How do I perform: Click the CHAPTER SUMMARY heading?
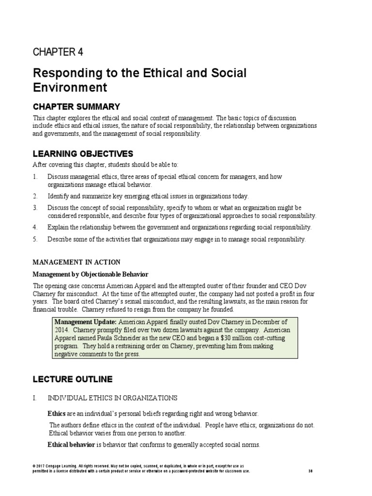click(76, 107)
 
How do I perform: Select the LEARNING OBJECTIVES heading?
click(83, 154)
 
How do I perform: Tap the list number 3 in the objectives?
click(35, 208)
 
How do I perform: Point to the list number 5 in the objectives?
click(35, 239)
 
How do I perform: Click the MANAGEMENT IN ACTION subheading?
click(77, 262)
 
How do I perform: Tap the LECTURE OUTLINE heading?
click(73, 379)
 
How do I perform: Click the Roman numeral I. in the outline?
click(34, 398)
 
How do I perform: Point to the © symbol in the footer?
click(34, 465)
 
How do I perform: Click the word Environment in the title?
click(70, 88)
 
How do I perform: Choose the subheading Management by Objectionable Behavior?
click(90, 274)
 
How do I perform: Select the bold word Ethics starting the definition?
click(56, 414)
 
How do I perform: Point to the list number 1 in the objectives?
click(35, 177)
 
